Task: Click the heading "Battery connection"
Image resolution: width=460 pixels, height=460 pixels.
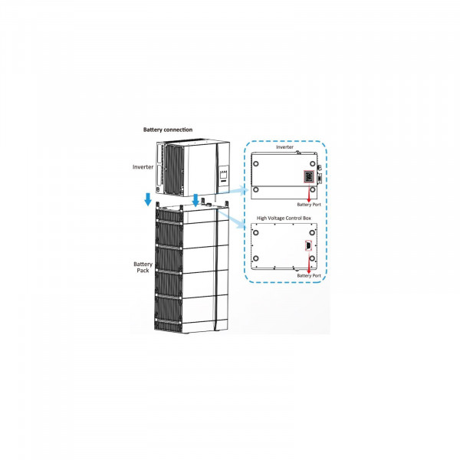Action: (x=168, y=130)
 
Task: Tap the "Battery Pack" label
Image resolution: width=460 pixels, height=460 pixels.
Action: (x=141, y=268)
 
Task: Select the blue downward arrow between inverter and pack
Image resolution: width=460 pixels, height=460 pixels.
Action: (x=196, y=199)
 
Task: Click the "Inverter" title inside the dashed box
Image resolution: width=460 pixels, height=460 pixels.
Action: (x=284, y=150)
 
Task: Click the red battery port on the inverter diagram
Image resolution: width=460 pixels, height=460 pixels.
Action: (x=307, y=177)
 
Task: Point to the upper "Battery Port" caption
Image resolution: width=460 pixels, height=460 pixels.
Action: (x=308, y=205)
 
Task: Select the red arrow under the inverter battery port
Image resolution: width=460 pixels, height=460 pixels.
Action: (x=307, y=192)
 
